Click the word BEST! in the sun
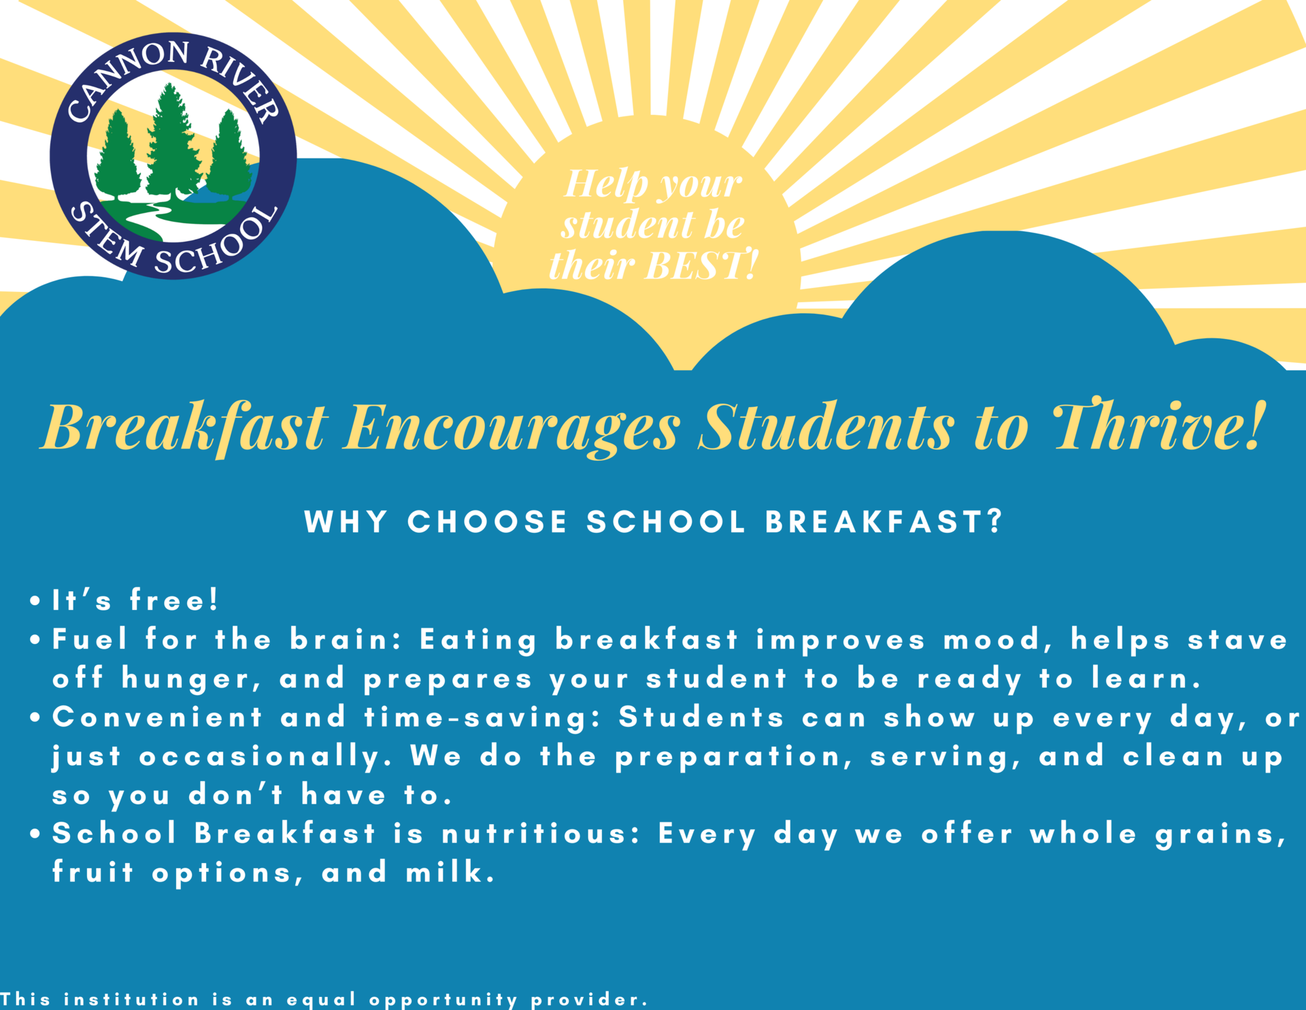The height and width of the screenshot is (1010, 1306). pos(701,265)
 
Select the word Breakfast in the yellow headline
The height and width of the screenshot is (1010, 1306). pos(185,428)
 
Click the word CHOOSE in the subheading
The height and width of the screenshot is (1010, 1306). pos(487,522)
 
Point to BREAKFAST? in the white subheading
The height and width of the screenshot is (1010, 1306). pos(884,522)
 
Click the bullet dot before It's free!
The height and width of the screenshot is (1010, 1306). pos(35,601)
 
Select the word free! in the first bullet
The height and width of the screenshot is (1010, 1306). pos(173,600)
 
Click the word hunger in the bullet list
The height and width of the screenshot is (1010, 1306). pos(190,680)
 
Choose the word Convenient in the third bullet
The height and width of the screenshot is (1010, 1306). pos(157,717)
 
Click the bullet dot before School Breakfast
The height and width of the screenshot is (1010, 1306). pos(35,834)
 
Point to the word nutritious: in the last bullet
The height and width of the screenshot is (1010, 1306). pos(541,834)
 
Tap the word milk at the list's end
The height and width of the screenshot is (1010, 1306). pos(449,873)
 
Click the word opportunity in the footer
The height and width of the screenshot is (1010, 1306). pos(443,1000)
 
